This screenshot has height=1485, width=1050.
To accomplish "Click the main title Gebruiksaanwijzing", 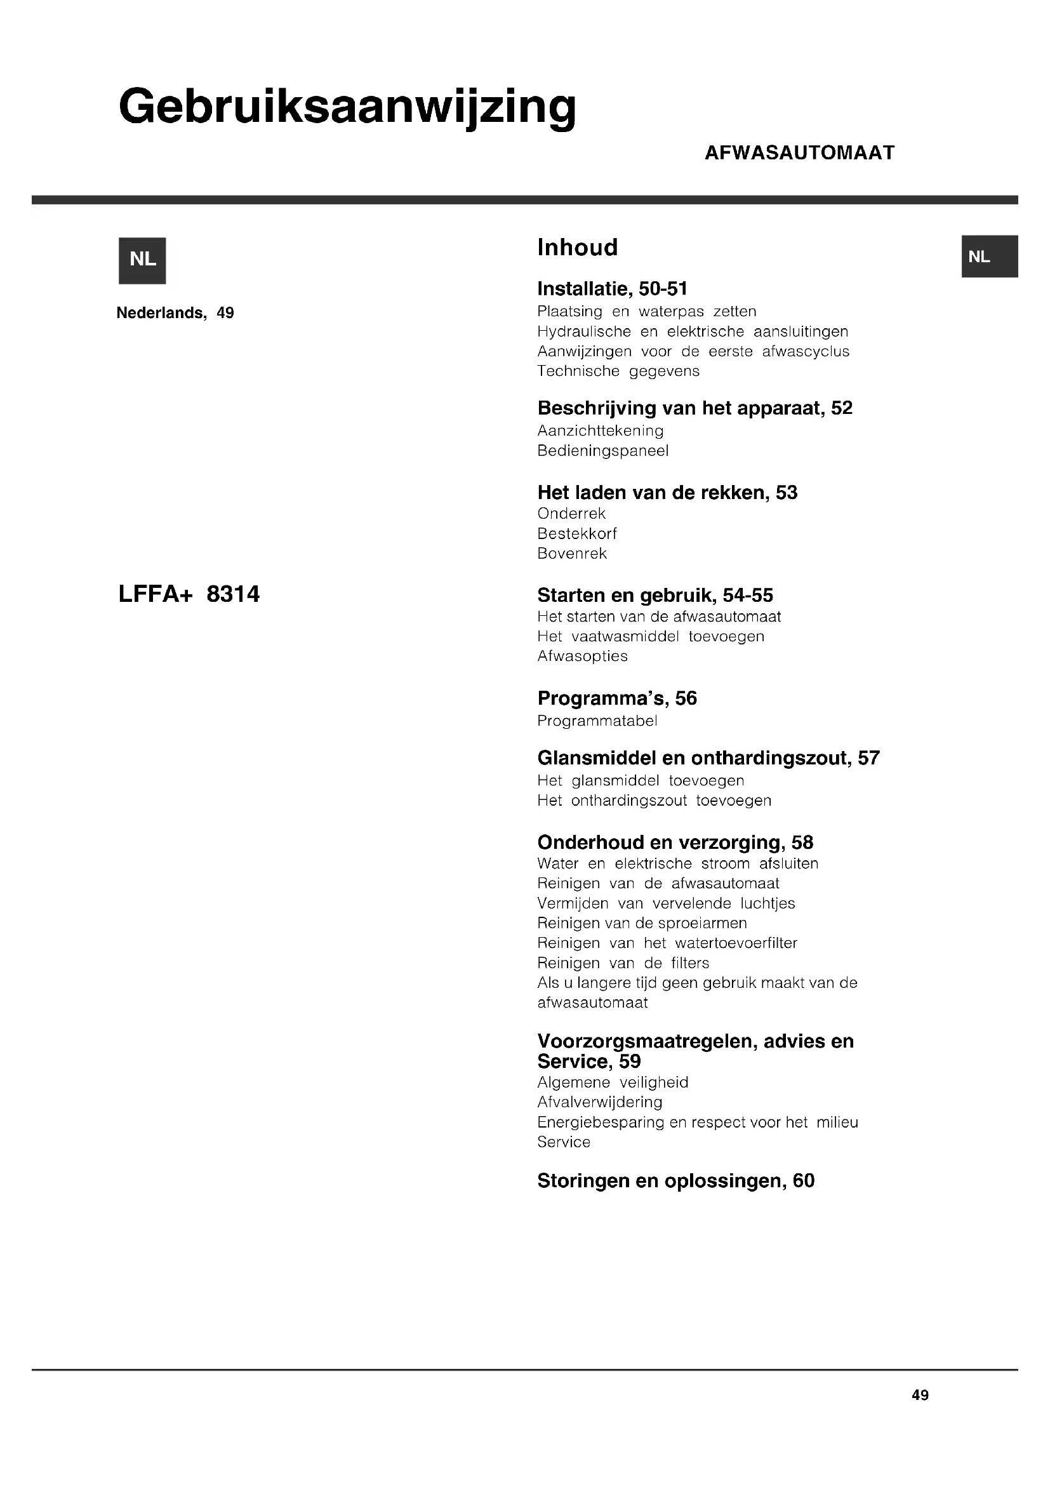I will point(347,107).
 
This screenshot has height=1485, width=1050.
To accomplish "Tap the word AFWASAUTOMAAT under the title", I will point(799,153).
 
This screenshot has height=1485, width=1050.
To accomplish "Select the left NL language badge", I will point(142,260).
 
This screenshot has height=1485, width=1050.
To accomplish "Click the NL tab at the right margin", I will point(989,256).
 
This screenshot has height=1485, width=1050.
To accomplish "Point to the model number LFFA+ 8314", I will point(189,594).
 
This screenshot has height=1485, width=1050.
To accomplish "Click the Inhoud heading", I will point(577,248).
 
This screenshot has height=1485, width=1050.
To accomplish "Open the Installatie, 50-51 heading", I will point(612,288).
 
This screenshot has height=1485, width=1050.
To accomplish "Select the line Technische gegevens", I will point(618,371).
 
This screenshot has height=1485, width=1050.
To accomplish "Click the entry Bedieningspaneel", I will point(602,451).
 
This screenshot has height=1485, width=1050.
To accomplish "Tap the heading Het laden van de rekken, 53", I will point(667,493).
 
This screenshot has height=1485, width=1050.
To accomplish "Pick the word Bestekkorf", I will point(576,533).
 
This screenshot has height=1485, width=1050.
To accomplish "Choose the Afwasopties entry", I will point(582,656).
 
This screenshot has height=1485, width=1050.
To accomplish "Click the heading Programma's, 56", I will point(617,698).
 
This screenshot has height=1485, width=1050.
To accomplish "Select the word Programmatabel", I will point(597,721).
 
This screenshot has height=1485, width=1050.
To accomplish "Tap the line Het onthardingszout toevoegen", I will point(655,801).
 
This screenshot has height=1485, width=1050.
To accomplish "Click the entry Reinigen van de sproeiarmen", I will point(642,923).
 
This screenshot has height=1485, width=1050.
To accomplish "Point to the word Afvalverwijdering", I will point(599,1102).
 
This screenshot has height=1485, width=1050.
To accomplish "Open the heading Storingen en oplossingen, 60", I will point(675,1181).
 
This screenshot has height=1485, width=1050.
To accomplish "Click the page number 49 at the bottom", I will point(919,1395).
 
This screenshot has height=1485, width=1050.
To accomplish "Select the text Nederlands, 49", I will point(175,313).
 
